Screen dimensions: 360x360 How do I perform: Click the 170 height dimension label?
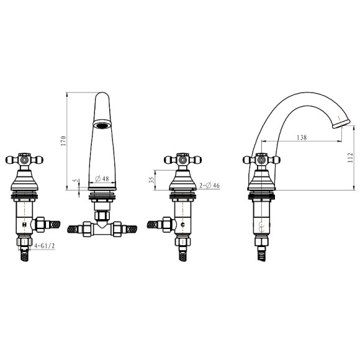click(x=63, y=141)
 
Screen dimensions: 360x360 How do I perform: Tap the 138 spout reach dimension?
click(x=302, y=137)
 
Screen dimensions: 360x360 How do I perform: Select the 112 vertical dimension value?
click(x=350, y=158)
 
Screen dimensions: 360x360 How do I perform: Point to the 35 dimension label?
click(x=151, y=180)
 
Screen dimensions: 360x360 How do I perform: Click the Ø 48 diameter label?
click(x=102, y=178)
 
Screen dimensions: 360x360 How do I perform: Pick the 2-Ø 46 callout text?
click(x=209, y=186)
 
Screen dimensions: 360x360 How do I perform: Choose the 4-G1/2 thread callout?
click(x=45, y=246)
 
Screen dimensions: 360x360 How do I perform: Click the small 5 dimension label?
click(x=76, y=181)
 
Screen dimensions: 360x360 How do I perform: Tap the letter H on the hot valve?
click(x=24, y=224)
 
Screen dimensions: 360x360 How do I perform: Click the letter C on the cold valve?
click(x=182, y=225)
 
